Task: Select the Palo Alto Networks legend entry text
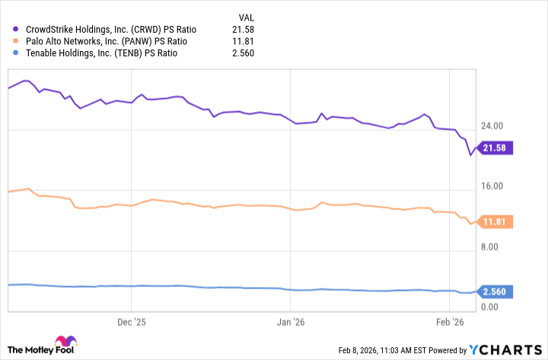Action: (105, 40)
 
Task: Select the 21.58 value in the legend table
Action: (242, 28)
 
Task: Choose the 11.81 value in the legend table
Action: (242, 40)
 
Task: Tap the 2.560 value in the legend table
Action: (242, 53)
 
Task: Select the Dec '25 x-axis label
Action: (132, 321)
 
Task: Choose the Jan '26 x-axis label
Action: (291, 321)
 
